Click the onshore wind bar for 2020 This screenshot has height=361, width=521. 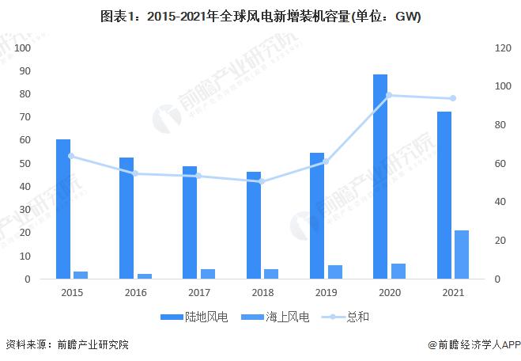(x=380, y=177)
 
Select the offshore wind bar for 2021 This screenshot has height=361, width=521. (x=461, y=255)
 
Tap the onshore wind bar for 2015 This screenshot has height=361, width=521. (x=63, y=209)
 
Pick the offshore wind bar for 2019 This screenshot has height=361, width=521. (x=334, y=272)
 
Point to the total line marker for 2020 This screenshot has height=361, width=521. (x=389, y=95)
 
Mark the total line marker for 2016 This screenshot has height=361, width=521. (x=135, y=173)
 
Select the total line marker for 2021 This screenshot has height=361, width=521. (x=453, y=98)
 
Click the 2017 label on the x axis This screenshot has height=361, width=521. (x=198, y=293)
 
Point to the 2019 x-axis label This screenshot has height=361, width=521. (x=326, y=293)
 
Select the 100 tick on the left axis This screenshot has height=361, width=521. (x=23, y=48)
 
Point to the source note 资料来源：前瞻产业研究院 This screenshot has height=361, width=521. (x=66, y=345)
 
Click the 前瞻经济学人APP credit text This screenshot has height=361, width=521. (x=473, y=345)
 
